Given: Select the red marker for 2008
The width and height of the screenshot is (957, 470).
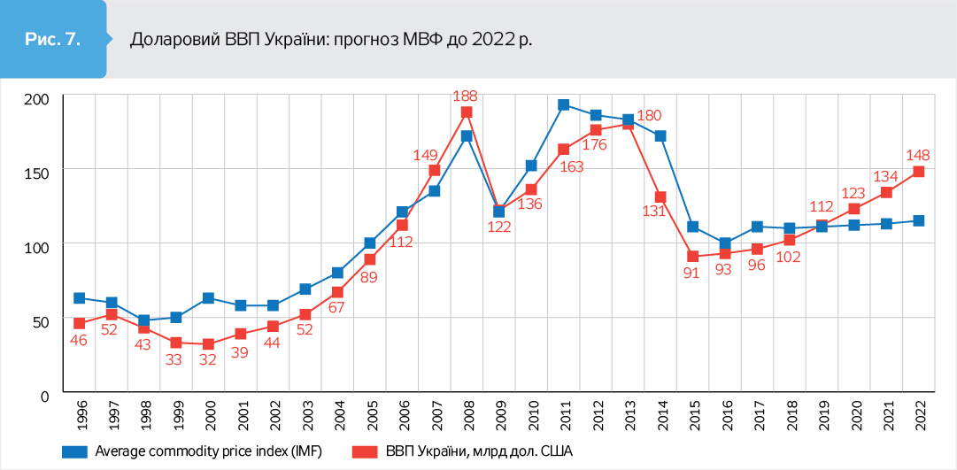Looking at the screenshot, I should pyautogui.click(x=467, y=112).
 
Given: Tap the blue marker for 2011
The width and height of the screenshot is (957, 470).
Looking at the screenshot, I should pyautogui.click(x=563, y=104).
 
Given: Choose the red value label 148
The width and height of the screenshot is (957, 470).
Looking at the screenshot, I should pyautogui.click(x=917, y=155).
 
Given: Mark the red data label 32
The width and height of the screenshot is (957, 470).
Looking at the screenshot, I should pyautogui.click(x=208, y=361).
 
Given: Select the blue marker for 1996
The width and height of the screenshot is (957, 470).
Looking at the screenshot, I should pyautogui.click(x=80, y=298).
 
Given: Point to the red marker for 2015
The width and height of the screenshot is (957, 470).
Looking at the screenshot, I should pyautogui.click(x=693, y=257).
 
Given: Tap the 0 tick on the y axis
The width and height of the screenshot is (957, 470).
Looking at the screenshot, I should pyautogui.click(x=43, y=394).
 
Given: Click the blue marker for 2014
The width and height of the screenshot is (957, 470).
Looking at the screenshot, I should pyautogui.click(x=660, y=136).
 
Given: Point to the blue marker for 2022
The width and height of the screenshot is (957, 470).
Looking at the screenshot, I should pyautogui.click(x=919, y=220).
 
